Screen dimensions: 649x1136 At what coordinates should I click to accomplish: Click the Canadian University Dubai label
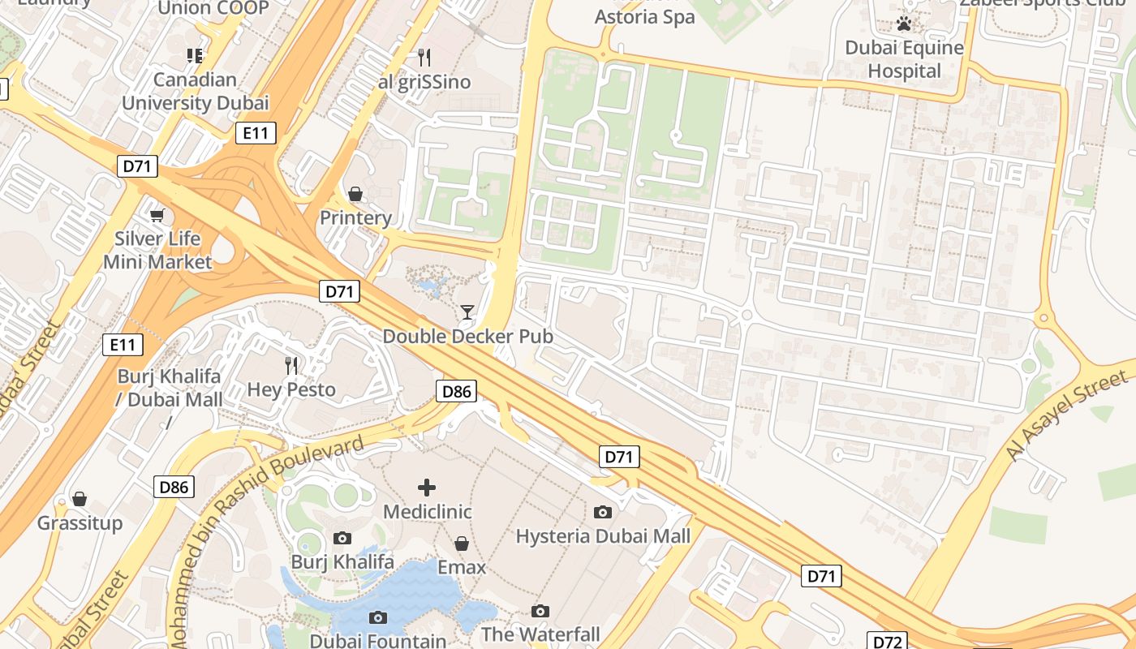pyautogui.click(x=195, y=92)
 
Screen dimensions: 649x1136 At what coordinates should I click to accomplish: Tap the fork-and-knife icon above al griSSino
pyautogui.click(x=424, y=57)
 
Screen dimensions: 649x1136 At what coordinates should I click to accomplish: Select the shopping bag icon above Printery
pyautogui.click(x=355, y=194)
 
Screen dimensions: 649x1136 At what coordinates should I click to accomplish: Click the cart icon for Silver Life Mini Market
pyautogui.click(x=157, y=215)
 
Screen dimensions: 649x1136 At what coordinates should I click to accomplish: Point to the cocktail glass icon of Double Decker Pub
pyautogui.click(x=467, y=312)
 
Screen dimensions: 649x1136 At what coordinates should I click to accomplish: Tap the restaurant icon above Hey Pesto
pyautogui.click(x=291, y=366)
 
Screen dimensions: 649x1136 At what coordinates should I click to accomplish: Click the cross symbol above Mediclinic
pyautogui.click(x=427, y=487)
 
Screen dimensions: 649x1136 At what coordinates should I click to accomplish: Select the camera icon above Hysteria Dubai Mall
pyautogui.click(x=603, y=512)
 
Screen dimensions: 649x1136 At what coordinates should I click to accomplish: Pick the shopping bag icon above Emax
pyautogui.click(x=462, y=543)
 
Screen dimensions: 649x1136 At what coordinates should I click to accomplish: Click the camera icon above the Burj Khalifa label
pyautogui.click(x=342, y=538)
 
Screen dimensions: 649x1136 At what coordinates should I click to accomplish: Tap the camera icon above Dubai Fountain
pyautogui.click(x=377, y=617)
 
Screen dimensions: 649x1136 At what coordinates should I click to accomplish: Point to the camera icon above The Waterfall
pyautogui.click(x=540, y=611)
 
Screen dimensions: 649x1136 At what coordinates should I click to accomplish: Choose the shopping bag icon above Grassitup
pyautogui.click(x=80, y=498)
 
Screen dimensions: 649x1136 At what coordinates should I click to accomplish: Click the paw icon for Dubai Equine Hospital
pyautogui.click(x=904, y=24)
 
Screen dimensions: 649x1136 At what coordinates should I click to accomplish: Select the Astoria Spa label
pyautogui.click(x=645, y=17)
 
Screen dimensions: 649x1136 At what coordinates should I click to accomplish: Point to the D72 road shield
pyautogui.click(x=887, y=642)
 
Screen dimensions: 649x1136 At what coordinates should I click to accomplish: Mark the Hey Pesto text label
pyautogui.click(x=291, y=389)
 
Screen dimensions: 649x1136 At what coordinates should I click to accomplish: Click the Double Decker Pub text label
pyautogui.click(x=467, y=336)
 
